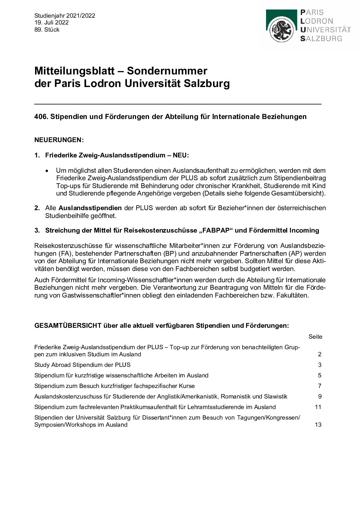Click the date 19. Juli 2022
pos(51,22)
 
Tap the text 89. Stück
pos(47,30)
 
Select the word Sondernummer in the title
pos(167,71)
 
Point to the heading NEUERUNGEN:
pos(59,140)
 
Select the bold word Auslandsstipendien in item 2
pos(90,208)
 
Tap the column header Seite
pos(315,337)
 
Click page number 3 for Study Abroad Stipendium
pos(320,365)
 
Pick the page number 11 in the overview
pos(318,407)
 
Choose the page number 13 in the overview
pos(318,425)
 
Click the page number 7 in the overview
pos(320,386)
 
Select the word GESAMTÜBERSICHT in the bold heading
pos(68,325)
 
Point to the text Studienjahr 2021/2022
pos(65,16)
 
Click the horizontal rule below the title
pos(178,104)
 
